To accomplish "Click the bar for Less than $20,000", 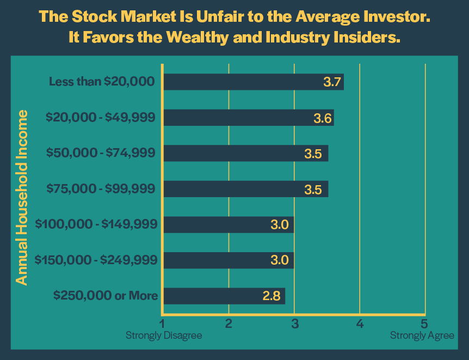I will pos(253,82).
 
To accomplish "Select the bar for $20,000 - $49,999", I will pos(248,118).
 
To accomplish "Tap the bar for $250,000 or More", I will pos(224,296).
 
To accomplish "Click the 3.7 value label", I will pos(331,82).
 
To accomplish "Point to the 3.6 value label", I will pos(323,118).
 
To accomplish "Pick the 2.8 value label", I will pos(272,296).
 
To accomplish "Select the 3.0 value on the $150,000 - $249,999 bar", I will pos(279,260).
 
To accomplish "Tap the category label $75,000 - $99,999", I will pos(101,189).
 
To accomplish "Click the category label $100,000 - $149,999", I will pos(96,224).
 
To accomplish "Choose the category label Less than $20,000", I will pos(102,82).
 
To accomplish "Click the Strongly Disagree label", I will pos(164,335).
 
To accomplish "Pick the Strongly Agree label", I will pos(422,335).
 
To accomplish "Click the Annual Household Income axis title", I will pos(21,197).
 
